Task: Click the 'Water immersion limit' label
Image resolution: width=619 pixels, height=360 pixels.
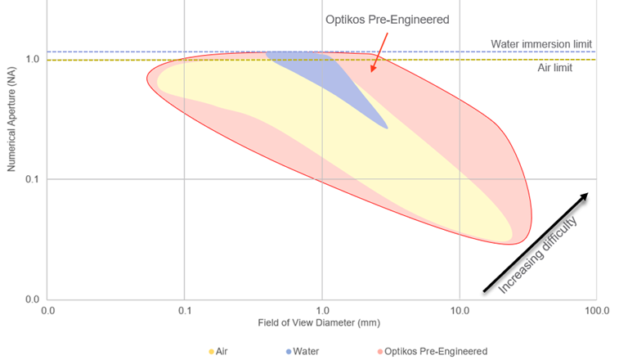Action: pyautogui.click(x=541, y=43)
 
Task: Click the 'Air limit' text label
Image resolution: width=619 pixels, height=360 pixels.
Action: pyautogui.click(x=554, y=68)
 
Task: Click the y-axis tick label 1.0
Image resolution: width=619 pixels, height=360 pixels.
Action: pyautogui.click(x=33, y=60)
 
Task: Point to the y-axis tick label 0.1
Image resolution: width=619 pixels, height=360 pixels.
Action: pyautogui.click(x=33, y=179)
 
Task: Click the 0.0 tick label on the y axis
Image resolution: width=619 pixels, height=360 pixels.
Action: pyautogui.click(x=33, y=299)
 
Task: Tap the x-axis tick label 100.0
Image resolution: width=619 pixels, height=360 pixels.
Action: pyautogui.click(x=596, y=311)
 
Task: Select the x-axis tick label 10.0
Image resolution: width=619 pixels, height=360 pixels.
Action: pyautogui.click(x=459, y=311)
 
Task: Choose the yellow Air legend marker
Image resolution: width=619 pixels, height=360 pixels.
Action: pyautogui.click(x=213, y=351)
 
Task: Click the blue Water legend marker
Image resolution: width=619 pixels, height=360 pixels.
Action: pyautogui.click(x=289, y=351)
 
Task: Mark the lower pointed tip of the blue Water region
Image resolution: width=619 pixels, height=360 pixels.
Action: pyautogui.click(x=387, y=128)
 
